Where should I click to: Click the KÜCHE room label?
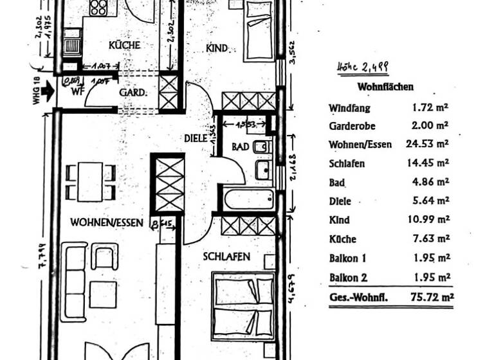[x=124, y=45]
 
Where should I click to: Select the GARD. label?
[x=133, y=92]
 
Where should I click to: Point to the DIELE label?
[x=195, y=138]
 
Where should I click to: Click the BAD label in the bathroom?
[x=240, y=147]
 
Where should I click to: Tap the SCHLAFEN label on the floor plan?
[x=226, y=256]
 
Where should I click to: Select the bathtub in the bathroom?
[x=248, y=199]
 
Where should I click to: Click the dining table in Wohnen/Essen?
[x=90, y=181]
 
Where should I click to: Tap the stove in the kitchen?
[x=99, y=7]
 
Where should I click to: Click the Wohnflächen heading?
[x=385, y=87]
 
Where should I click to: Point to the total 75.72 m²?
[x=432, y=297]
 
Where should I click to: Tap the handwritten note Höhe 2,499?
[x=363, y=66]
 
